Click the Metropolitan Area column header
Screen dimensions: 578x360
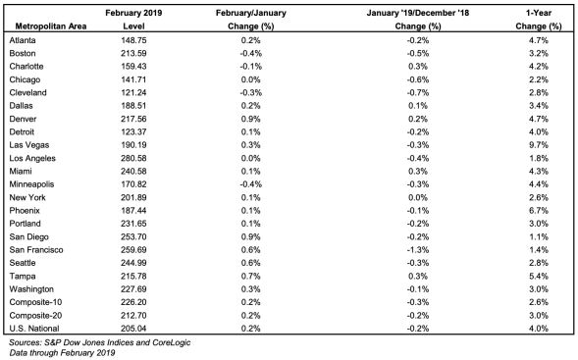coord(51,26)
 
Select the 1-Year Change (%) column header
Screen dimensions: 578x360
coord(538,20)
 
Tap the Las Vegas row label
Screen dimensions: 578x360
coord(29,145)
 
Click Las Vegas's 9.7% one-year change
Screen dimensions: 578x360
coord(538,145)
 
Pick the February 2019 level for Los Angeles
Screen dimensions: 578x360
coord(133,158)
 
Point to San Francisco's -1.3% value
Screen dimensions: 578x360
coord(418,250)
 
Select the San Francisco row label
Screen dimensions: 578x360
coord(36,250)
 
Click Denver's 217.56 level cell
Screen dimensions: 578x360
coord(133,119)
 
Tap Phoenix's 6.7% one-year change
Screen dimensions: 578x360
coord(538,210)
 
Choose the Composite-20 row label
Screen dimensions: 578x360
coord(35,316)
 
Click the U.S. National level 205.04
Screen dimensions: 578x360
coord(133,329)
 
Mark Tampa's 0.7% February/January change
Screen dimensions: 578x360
coord(250,276)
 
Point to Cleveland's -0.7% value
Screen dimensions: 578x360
coord(418,92)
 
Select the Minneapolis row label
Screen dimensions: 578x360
coord(31,184)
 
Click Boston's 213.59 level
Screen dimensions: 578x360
coord(133,53)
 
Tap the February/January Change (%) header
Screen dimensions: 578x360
coord(250,20)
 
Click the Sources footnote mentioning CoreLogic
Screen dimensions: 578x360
coord(99,342)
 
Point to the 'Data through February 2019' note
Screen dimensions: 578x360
coord(62,353)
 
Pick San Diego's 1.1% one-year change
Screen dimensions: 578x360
coord(538,236)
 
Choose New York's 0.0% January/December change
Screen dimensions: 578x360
coord(418,197)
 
